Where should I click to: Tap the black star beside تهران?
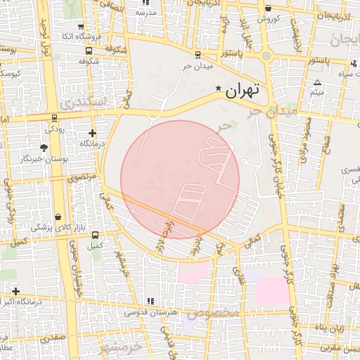[x=219, y=89]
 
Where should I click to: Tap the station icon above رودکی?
[x=53, y=117]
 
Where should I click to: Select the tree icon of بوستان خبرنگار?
[x=44, y=147]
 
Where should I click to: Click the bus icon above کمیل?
[x=95, y=235]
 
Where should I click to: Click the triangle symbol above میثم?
[x=317, y=83]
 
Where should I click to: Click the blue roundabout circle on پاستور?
[x=266, y=55]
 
